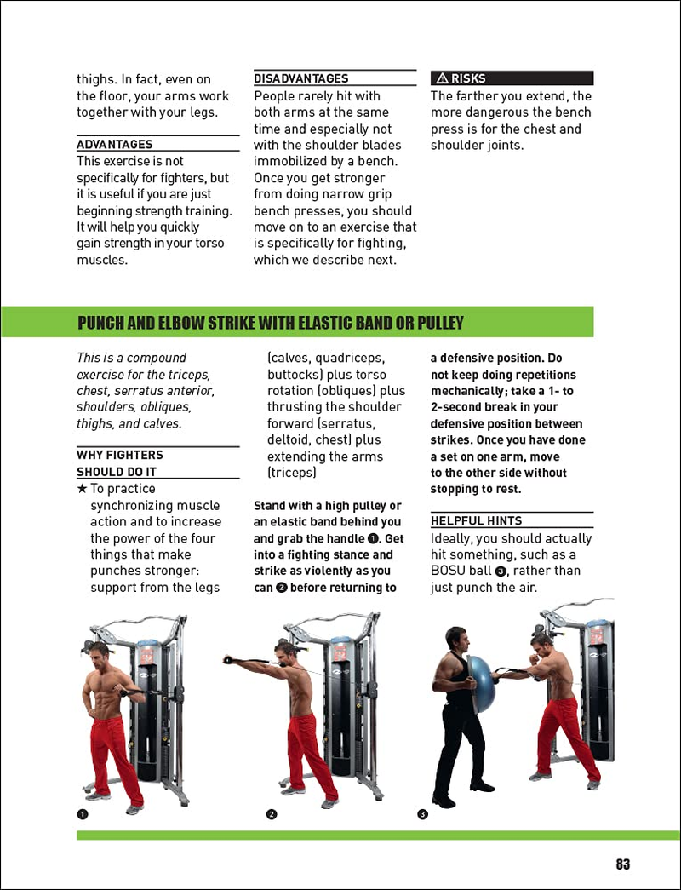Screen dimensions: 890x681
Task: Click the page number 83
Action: pyautogui.click(x=622, y=864)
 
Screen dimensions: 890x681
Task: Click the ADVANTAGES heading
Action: pyautogui.click(x=115, y=145)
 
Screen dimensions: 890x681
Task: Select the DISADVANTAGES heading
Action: pyautogui.click(x=300, y=78)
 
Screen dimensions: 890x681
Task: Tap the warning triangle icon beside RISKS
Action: pyautogui.click(x=441, y=78)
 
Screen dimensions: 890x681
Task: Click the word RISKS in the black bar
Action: pyautogui.click(x=468, y=78)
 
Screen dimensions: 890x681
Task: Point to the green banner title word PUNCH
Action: pyautogui.click(x=103, y=323)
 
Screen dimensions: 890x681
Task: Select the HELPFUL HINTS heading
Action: pyautogui.click(x=476, y=520)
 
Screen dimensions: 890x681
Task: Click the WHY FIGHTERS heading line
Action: pyautogui.click(x=120, y=455)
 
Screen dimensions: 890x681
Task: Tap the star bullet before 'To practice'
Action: pyautogui.click(x=82, y=489)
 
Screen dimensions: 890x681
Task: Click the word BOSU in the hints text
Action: pyautogui.click(x=449, y=571)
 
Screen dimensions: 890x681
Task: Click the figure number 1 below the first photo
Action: pyautogui.click(x=83, y=813)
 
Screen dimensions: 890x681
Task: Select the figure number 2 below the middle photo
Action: pyautogui.click(x=272, y=813)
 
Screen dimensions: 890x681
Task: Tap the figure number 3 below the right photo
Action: pyautogui.click(x=422, y=813)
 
